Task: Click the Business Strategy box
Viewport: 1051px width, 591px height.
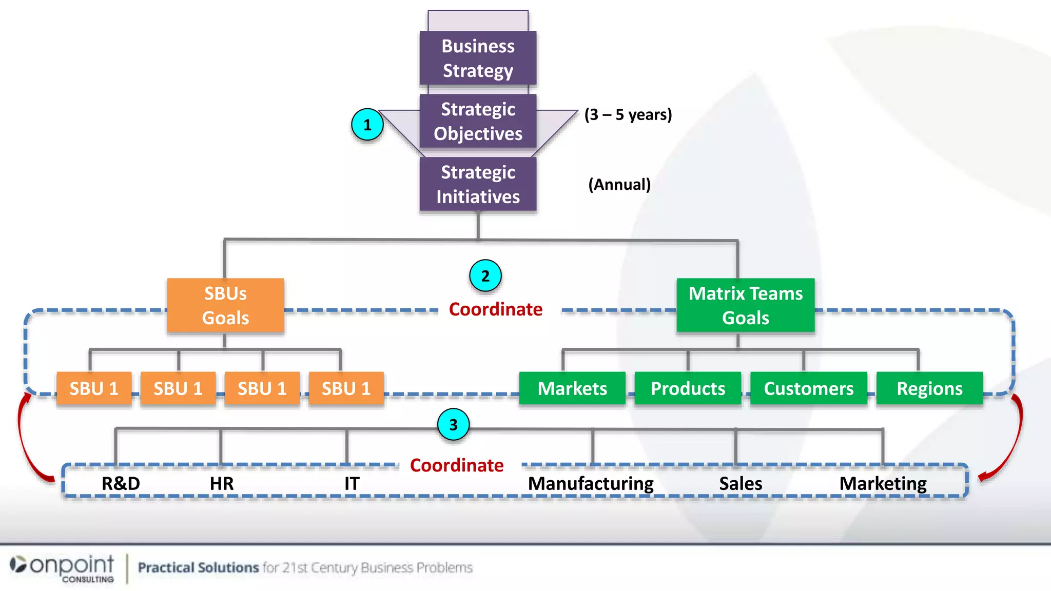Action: pos(478,58)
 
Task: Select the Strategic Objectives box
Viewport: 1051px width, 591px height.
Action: pos(478,121)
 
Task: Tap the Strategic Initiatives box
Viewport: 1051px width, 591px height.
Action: pos(478,184)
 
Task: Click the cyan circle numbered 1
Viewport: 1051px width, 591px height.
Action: pos(367,125)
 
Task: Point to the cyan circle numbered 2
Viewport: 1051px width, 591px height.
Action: pos(485,276)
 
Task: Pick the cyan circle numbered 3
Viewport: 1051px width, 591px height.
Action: pos(453,425)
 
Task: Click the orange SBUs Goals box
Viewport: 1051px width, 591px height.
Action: pos(225,306)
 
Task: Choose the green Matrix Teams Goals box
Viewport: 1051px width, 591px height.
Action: pos(745,306)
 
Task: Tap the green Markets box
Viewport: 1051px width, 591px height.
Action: pos(572,388)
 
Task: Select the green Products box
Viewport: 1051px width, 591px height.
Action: pos(688,388)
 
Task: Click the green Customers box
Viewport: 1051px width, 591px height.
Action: pos(808,388)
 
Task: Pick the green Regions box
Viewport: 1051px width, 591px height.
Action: pos(929,388)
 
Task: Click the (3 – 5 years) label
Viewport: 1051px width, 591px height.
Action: pos(628,114)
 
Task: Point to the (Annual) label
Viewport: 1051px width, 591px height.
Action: pos(619,184)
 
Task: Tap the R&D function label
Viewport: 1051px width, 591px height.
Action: pos(121,483)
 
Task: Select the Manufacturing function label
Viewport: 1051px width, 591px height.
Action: pos(591,483)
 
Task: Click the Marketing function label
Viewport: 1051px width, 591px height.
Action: pos(883,483)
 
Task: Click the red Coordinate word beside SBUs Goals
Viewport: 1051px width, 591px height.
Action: pos(495,309)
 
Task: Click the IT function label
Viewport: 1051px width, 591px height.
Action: pos(352,483)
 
